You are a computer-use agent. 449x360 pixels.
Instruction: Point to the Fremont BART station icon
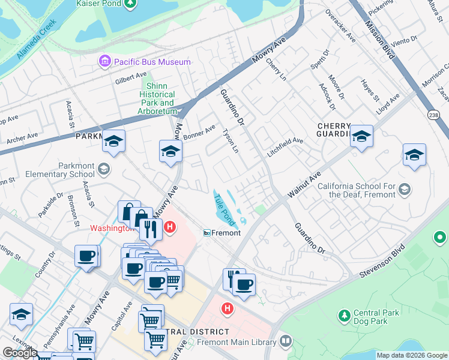pyautogui.click(x=206, y=233)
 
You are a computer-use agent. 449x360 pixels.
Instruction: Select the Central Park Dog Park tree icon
pyautogui.click(x=344, y=315)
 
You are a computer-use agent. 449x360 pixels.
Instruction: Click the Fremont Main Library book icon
pyautogui.click(x=286, y=341)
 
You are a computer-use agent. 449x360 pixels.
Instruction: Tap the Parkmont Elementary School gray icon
pyautogui.click(x=105, y=169)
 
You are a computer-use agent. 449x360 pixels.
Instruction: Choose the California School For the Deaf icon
pyautogui.click(x=405, y=190)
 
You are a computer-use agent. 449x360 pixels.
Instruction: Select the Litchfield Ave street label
pyautogui.click(x=285, y=147)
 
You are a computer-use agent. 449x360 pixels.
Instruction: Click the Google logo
pyautogui.click(x=20, y=353)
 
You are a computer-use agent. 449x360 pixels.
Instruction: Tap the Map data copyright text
pyautogui.click(x=412, y=355)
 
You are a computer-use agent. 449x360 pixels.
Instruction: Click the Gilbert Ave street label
pyautogui.click(x=131, y=79)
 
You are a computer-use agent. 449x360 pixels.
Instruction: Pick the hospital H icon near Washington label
pyautogui.click(x=170, y=227)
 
